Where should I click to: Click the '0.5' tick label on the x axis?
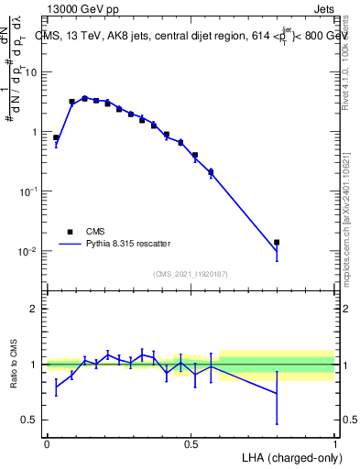tap(191, 443)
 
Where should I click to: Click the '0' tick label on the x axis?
tap(47, 443)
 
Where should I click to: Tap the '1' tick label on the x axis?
tap(335, 443)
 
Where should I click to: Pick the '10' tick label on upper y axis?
tap(32, 72)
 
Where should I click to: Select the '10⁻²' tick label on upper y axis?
tap(30, 251)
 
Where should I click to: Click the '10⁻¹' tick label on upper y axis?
tap(30, 191)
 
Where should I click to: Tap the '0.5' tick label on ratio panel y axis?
tap(31, 420)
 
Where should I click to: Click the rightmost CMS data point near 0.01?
tap(277, 242)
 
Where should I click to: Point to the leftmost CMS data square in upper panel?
tap(56, 137)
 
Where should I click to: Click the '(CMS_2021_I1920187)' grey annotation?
tap(191, 274)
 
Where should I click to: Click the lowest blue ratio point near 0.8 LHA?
tap(277, 394)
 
